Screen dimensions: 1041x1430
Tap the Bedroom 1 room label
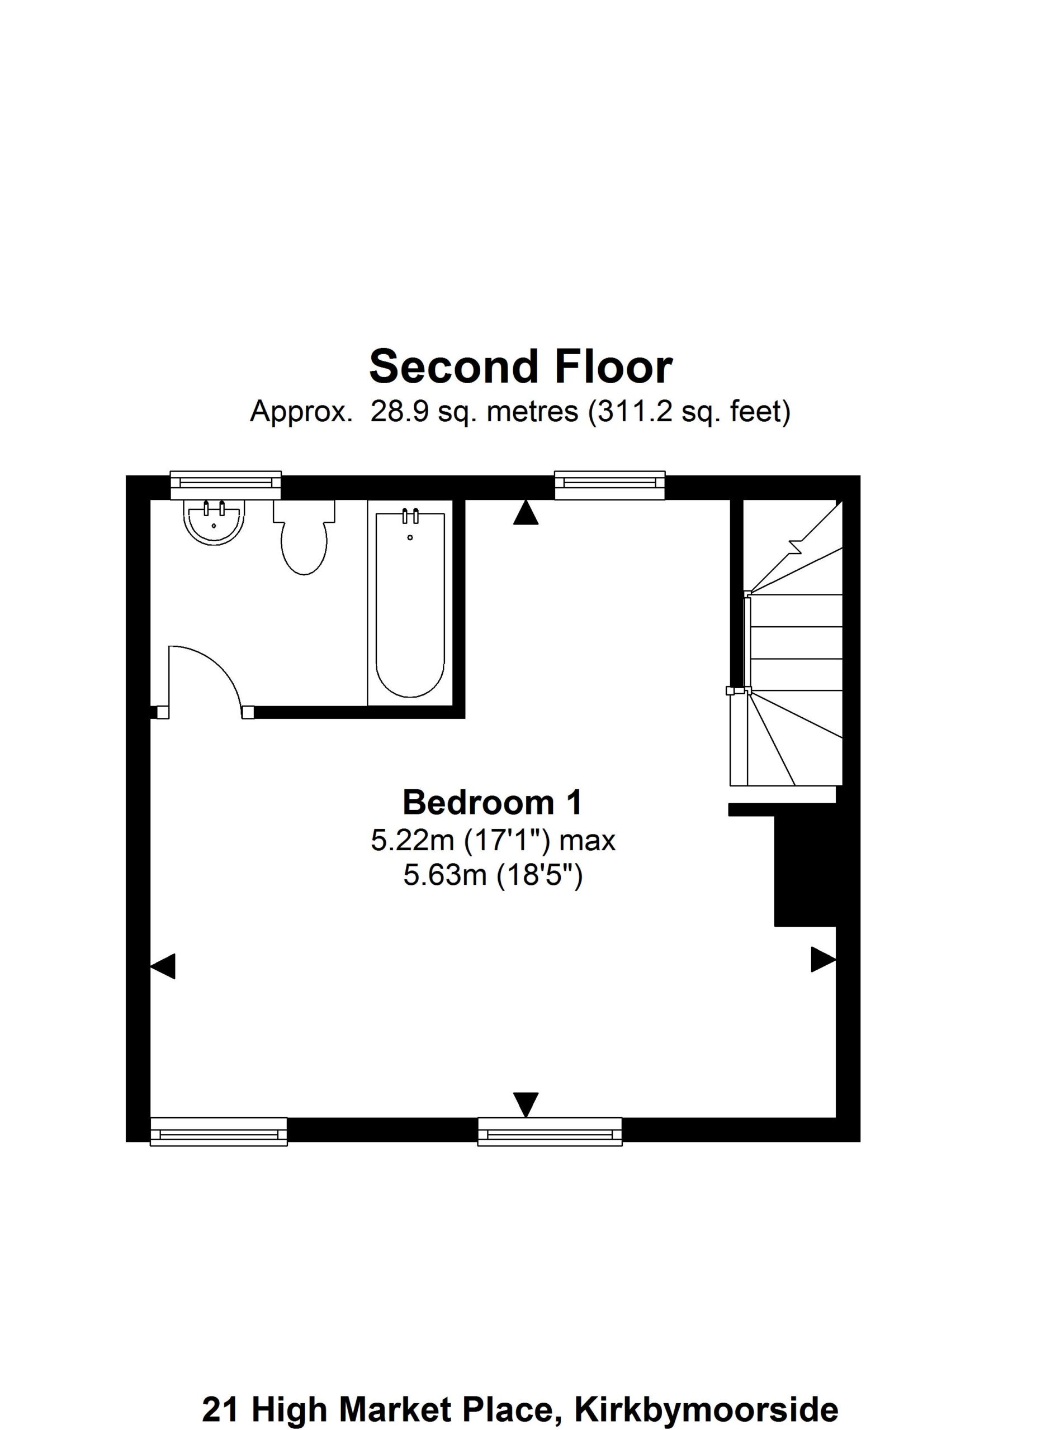492,803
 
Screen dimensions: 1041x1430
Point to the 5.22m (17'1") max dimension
493,841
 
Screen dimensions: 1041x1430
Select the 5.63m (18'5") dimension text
493,876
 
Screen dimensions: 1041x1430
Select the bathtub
410,604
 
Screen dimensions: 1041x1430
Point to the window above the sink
225,485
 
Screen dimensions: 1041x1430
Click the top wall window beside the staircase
609,485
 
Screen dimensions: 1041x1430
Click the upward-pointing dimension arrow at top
526,512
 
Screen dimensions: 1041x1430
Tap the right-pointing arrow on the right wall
824,960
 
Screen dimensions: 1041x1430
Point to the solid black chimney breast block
805,871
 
